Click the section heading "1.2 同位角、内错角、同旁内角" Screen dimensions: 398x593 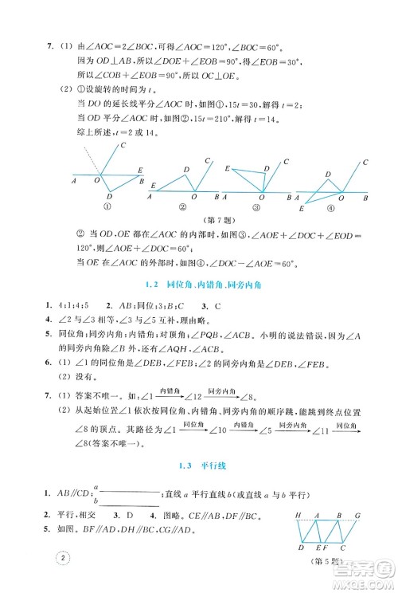(199, 285)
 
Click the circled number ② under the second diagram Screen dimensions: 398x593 (184, 206)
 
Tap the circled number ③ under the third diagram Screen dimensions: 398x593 (256, 206)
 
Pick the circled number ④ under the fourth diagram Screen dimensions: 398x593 (330, 206)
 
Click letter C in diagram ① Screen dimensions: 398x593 (123, 146)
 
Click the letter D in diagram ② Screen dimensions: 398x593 (185, 170)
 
